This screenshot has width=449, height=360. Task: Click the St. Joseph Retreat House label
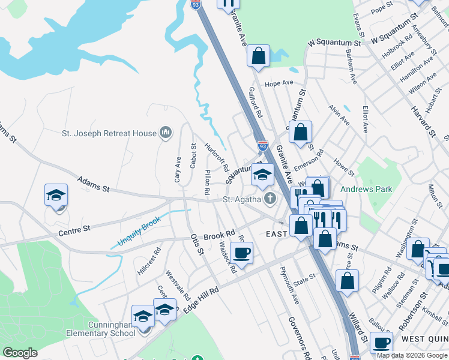(110, 133)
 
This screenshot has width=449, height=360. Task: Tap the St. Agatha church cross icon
(271, 198)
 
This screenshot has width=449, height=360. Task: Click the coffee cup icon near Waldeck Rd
(241, 253)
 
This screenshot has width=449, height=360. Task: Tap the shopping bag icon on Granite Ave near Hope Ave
(258, 56)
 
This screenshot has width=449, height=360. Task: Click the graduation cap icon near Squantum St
(262, 175)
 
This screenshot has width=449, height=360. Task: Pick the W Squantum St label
(334, 43)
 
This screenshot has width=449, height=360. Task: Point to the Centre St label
(74, 229)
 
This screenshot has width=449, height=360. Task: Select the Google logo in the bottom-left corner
(20, 353)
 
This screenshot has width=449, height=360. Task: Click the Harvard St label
(422, 118)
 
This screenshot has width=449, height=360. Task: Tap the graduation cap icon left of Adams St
(56, 196)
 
